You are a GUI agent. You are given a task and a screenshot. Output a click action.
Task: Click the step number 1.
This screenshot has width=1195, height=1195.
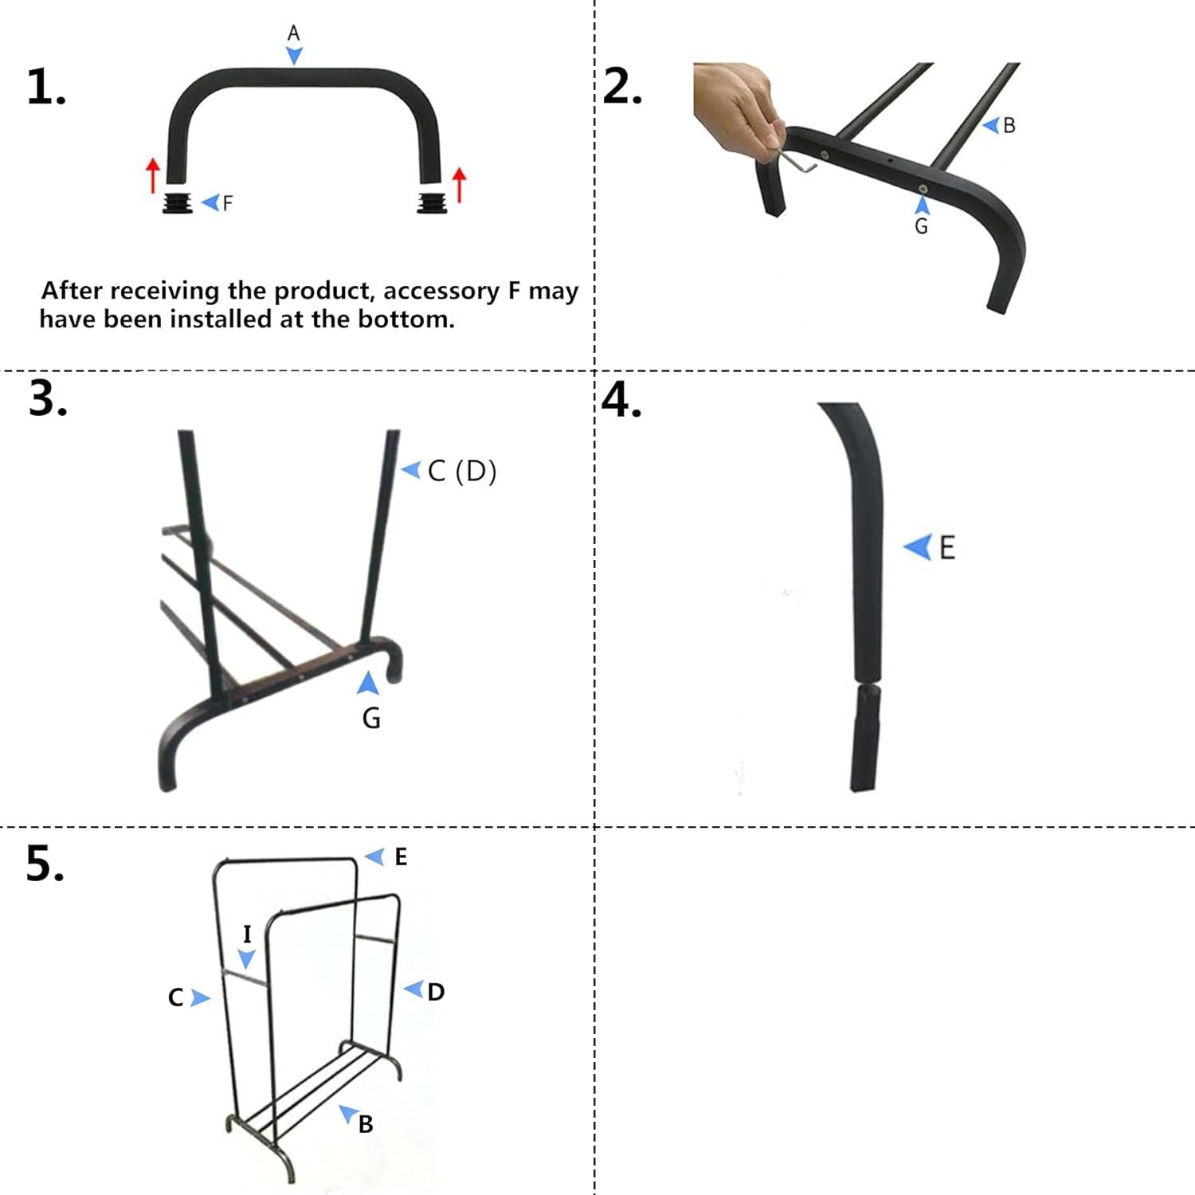pyautogui.click(x=46, y=87)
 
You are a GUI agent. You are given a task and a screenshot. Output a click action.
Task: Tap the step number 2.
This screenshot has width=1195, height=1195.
pyautogui.click(x=622, y=86)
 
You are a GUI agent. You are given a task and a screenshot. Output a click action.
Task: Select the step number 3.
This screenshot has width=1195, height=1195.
pyautogui.click(x=48, y=398)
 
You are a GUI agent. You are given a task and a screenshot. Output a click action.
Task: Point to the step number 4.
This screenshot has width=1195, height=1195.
pyautogui.click(x=622, y=399)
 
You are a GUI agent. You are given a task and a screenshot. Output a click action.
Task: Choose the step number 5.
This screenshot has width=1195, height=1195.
pyautogui.click(x=45, y=863)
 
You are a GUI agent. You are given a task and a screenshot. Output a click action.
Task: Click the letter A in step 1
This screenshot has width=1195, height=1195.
pyautogui.click(x=294, y=33)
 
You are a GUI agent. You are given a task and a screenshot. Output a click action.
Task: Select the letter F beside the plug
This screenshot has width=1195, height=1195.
pyautogui.click(x=228, y=203)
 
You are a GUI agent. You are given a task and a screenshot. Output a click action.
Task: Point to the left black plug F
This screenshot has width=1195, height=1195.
pyautogui.click(x=178, y=202)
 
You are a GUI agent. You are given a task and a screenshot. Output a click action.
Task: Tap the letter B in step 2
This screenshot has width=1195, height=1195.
pyautogui.click(x=1009, y=126)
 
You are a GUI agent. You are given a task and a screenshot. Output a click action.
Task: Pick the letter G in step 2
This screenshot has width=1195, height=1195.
pyautogui.click(x=921, y=226)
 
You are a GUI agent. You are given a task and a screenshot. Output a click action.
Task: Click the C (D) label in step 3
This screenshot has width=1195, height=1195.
pyautogui.click(x=462, y=471)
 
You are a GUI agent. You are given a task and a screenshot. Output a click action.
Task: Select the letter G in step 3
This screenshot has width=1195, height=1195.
pyautogui.click(x=371, y=719)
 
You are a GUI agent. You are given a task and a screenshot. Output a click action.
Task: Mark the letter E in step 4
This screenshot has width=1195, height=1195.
pyautogui.click(x=947, y=548)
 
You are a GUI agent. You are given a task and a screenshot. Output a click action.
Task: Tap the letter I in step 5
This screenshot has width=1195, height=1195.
pyautogui.click(x=247, y=934)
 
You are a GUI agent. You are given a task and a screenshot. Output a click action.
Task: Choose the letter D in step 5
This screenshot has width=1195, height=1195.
pyautogui.click(x=436, y=992)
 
